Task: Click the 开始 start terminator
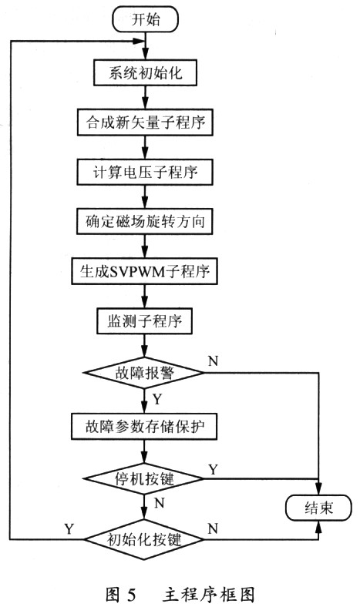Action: point(145,19)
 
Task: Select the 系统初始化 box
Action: point(145,72)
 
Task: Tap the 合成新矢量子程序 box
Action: point(145,122)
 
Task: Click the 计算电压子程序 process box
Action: point(145,172)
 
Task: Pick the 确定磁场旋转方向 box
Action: point(145,221)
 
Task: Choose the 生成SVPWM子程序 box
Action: point(145,271)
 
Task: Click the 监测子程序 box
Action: point(145,321)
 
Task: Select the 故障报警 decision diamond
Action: point(144,373)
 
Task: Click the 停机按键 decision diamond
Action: point(144,478)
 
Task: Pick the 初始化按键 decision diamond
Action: point(144,539)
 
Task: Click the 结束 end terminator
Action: point(318,508)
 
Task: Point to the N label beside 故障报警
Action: point(213,361)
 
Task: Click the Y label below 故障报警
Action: point(157,399)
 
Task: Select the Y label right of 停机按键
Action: point(213,470)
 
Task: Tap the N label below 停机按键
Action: point(160,503)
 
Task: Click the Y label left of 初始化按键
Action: point(69,528)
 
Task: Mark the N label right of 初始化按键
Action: point(213,528)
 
